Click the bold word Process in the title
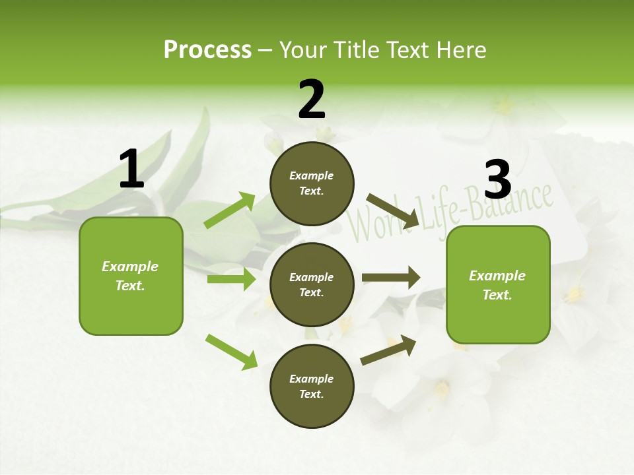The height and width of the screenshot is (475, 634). [207, 49]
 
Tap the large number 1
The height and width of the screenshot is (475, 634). [131, 169]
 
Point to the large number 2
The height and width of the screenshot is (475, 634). [312, 99]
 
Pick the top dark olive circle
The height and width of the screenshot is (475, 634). [312, 183]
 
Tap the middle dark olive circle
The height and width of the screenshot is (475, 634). [312, 284]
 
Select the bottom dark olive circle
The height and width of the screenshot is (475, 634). [312, 386]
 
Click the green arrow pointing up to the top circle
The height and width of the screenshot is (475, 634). [229, 210]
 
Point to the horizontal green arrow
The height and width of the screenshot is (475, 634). [231, 279]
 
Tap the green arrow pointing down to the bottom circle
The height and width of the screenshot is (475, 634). [231, 352]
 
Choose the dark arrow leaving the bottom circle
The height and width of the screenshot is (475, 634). [388, 350]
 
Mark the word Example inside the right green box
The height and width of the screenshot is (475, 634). [497, 276]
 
